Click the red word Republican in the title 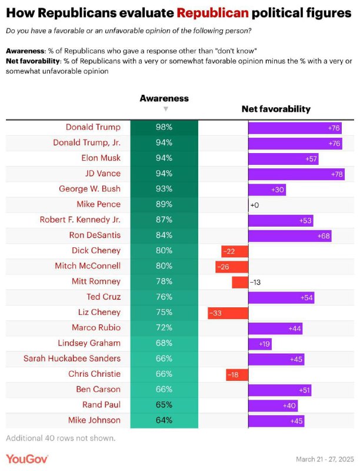coord(213,13)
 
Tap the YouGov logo coord(27,459)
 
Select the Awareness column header coord(164,98)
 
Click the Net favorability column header coord(276,109)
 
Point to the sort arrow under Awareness coord(166,109)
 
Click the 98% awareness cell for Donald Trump coord(164,127)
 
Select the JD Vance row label coord(102,173)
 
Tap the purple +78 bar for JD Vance coord(296,174)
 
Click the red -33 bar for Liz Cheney coord(228,313)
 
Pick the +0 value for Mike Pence coord(254,205)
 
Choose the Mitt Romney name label coord(96,281)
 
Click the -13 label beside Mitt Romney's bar coord(255,283)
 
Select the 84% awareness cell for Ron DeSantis coord(164,235)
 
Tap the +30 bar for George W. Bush coord(267,190)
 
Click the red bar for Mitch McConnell coord(232,267)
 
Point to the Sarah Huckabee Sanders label coord(72,359)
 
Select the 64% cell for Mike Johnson coord(164,420)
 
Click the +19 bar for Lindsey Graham coord(260,344)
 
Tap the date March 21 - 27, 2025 coord(325,459)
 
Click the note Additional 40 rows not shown coord(61,438)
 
